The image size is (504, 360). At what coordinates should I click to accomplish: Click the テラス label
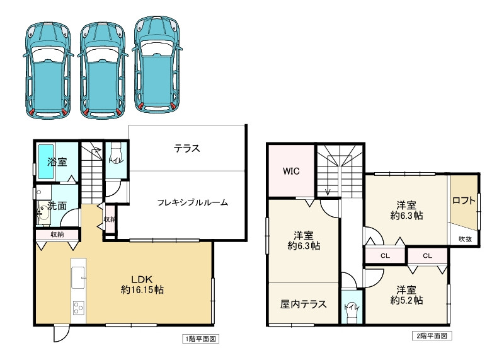coord(187,149)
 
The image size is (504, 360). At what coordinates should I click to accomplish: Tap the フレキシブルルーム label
coord(192,203)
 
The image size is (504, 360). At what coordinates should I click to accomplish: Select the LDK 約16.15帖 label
coord(142,284)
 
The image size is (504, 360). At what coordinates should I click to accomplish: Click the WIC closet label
coord(291,170)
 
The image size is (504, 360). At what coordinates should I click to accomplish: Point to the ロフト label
coord(464,202)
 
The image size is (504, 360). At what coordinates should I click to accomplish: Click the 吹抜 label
coord(465,238)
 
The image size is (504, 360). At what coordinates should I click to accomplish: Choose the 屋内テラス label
coord(303,304)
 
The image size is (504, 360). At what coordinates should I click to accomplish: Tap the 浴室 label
coord(57,161)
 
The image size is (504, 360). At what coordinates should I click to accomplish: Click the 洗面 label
coord(57,206)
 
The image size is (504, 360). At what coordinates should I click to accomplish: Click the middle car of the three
coord(101,69)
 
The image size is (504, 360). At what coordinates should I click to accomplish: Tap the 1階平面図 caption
coord(201,339)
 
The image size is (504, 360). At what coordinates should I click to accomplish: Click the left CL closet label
coord(385,255)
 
